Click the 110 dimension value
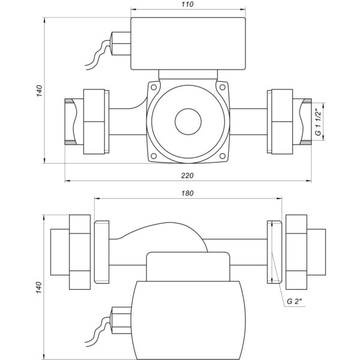187,4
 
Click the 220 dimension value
187,176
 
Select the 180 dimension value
187,193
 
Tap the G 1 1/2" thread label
318,122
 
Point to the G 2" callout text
295,301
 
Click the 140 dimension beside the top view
39,91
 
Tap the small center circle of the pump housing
188,122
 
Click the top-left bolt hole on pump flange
154,87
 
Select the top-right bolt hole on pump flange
222,87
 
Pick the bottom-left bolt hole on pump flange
154,156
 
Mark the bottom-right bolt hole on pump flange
222,156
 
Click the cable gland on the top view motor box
121,44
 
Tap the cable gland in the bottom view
121,320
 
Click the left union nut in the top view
94,121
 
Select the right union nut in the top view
282,121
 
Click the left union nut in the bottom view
80,252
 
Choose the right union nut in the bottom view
296,252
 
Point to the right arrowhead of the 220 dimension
309,181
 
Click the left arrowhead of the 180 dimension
97,199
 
